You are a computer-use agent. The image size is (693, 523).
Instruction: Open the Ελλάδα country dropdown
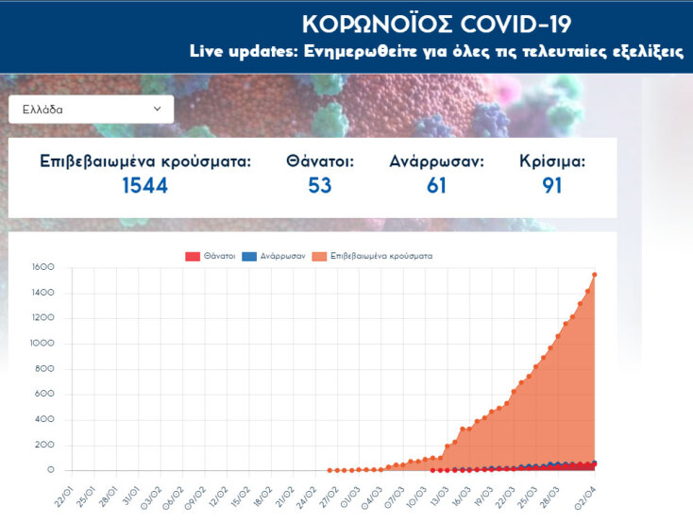92,109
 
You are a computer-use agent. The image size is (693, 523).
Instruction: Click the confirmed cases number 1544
144,185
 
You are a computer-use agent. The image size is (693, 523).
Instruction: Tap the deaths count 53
320,185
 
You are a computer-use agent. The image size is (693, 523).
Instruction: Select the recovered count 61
436,185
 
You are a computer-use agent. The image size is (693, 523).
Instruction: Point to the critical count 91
552,185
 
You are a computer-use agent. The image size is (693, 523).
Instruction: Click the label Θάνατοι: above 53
320,161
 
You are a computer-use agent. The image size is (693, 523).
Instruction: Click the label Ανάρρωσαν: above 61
436,161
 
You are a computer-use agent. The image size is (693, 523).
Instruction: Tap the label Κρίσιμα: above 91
552,161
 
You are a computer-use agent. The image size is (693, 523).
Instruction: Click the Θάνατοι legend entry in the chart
211,256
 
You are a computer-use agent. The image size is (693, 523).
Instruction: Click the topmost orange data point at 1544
594,275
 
